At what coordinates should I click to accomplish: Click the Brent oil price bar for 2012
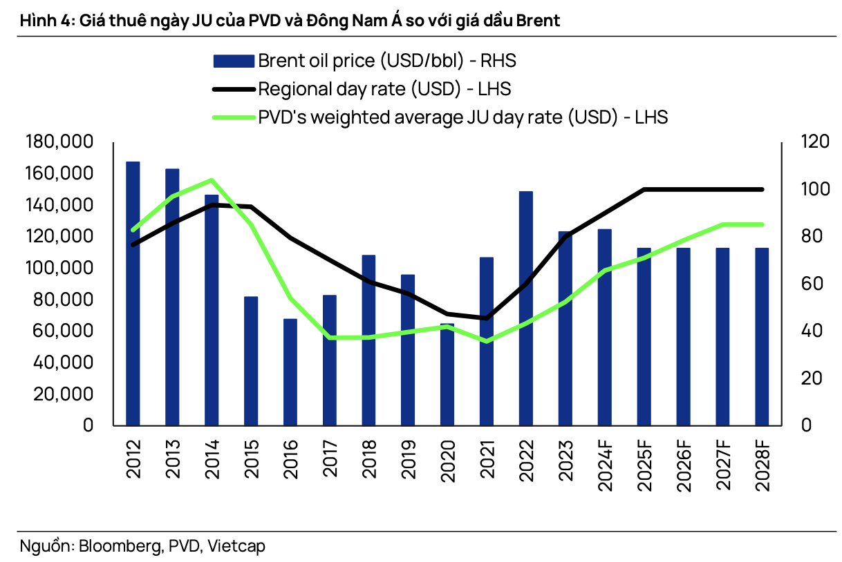(x=133, y=293)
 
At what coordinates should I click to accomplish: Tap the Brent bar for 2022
(x=526, y=308)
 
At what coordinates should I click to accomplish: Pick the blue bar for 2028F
(x=762, y=336)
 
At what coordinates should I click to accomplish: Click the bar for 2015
(x=250, y=360)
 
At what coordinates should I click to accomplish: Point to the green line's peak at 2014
(x=212, y=180)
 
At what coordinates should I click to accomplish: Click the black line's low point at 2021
(x=487, y=318)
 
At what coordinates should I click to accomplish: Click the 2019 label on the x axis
(x=408, y=458)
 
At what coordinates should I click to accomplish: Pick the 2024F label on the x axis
(x=605, y=463)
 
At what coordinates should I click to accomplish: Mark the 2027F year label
(x=723, y=463)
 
